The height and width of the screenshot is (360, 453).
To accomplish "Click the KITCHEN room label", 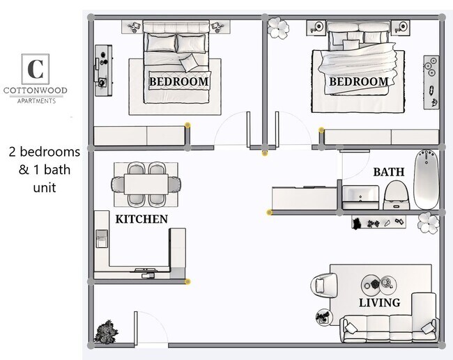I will coord(141,219).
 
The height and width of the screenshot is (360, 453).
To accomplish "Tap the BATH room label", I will coord(387,171).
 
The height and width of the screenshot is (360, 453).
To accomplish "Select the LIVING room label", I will coord(379,302).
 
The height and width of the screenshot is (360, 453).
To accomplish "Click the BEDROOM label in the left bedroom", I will coord(179,81).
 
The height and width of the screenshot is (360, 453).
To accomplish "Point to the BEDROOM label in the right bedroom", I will coord(358,81).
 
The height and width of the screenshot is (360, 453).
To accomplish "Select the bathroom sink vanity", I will coord(360,196).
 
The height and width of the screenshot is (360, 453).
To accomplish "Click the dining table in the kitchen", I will coord(146,185).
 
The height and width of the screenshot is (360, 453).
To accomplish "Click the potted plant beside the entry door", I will coord(106,331).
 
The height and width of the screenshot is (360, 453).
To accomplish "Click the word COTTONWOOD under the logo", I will coord(35,91).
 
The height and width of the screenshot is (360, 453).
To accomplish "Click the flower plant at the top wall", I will coord(278,27).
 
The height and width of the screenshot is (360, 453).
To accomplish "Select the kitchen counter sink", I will coord(102,241).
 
